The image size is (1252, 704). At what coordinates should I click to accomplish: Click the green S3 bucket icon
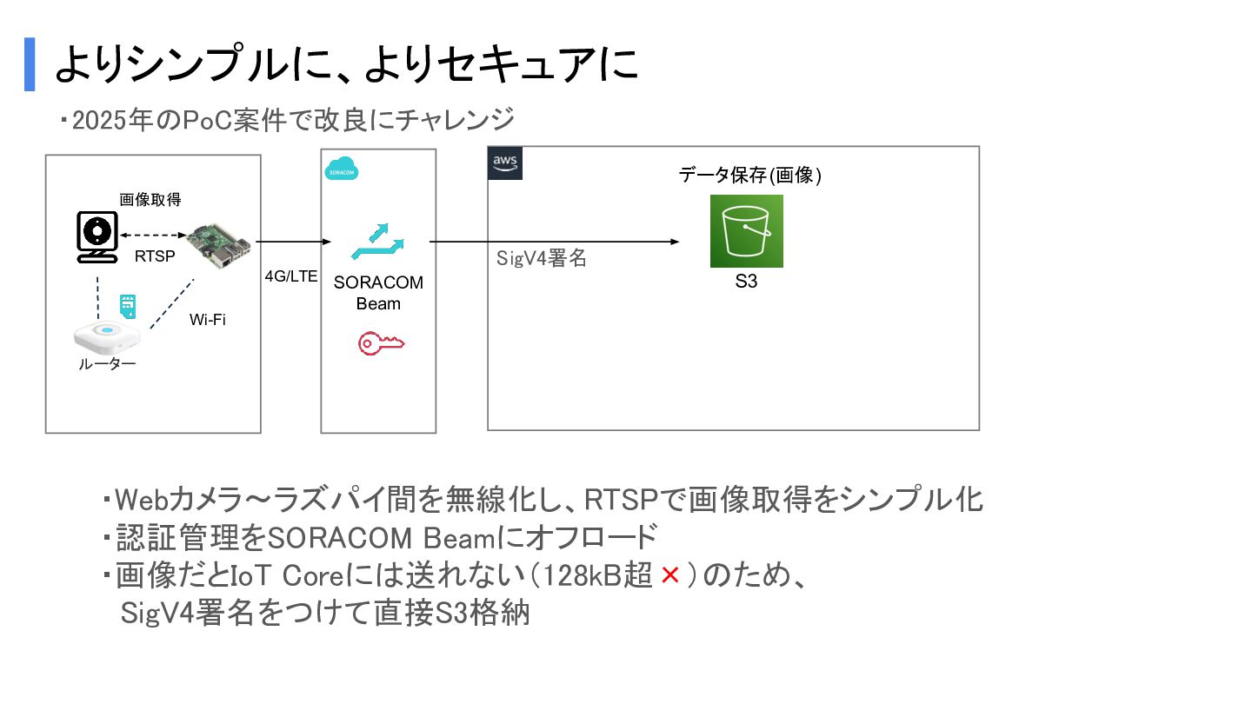746,230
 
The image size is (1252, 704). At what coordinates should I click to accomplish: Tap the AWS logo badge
505,163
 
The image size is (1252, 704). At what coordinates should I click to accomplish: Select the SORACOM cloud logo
341,170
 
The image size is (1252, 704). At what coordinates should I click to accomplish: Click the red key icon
381,344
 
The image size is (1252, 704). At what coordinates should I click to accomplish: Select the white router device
107,335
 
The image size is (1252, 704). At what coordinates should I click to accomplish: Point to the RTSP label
155,256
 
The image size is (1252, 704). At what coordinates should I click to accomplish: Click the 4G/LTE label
291,277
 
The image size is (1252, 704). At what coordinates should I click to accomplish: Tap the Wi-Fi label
208,319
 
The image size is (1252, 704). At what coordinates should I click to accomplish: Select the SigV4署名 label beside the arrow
542,258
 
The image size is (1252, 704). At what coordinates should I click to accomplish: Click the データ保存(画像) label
750,176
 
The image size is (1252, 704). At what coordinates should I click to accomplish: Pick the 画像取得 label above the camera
150,200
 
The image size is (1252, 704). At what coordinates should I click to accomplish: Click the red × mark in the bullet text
669,575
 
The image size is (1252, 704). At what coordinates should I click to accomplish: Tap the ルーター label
107,365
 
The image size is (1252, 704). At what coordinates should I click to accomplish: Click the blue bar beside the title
30,64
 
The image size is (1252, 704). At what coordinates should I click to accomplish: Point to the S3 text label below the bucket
746,282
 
